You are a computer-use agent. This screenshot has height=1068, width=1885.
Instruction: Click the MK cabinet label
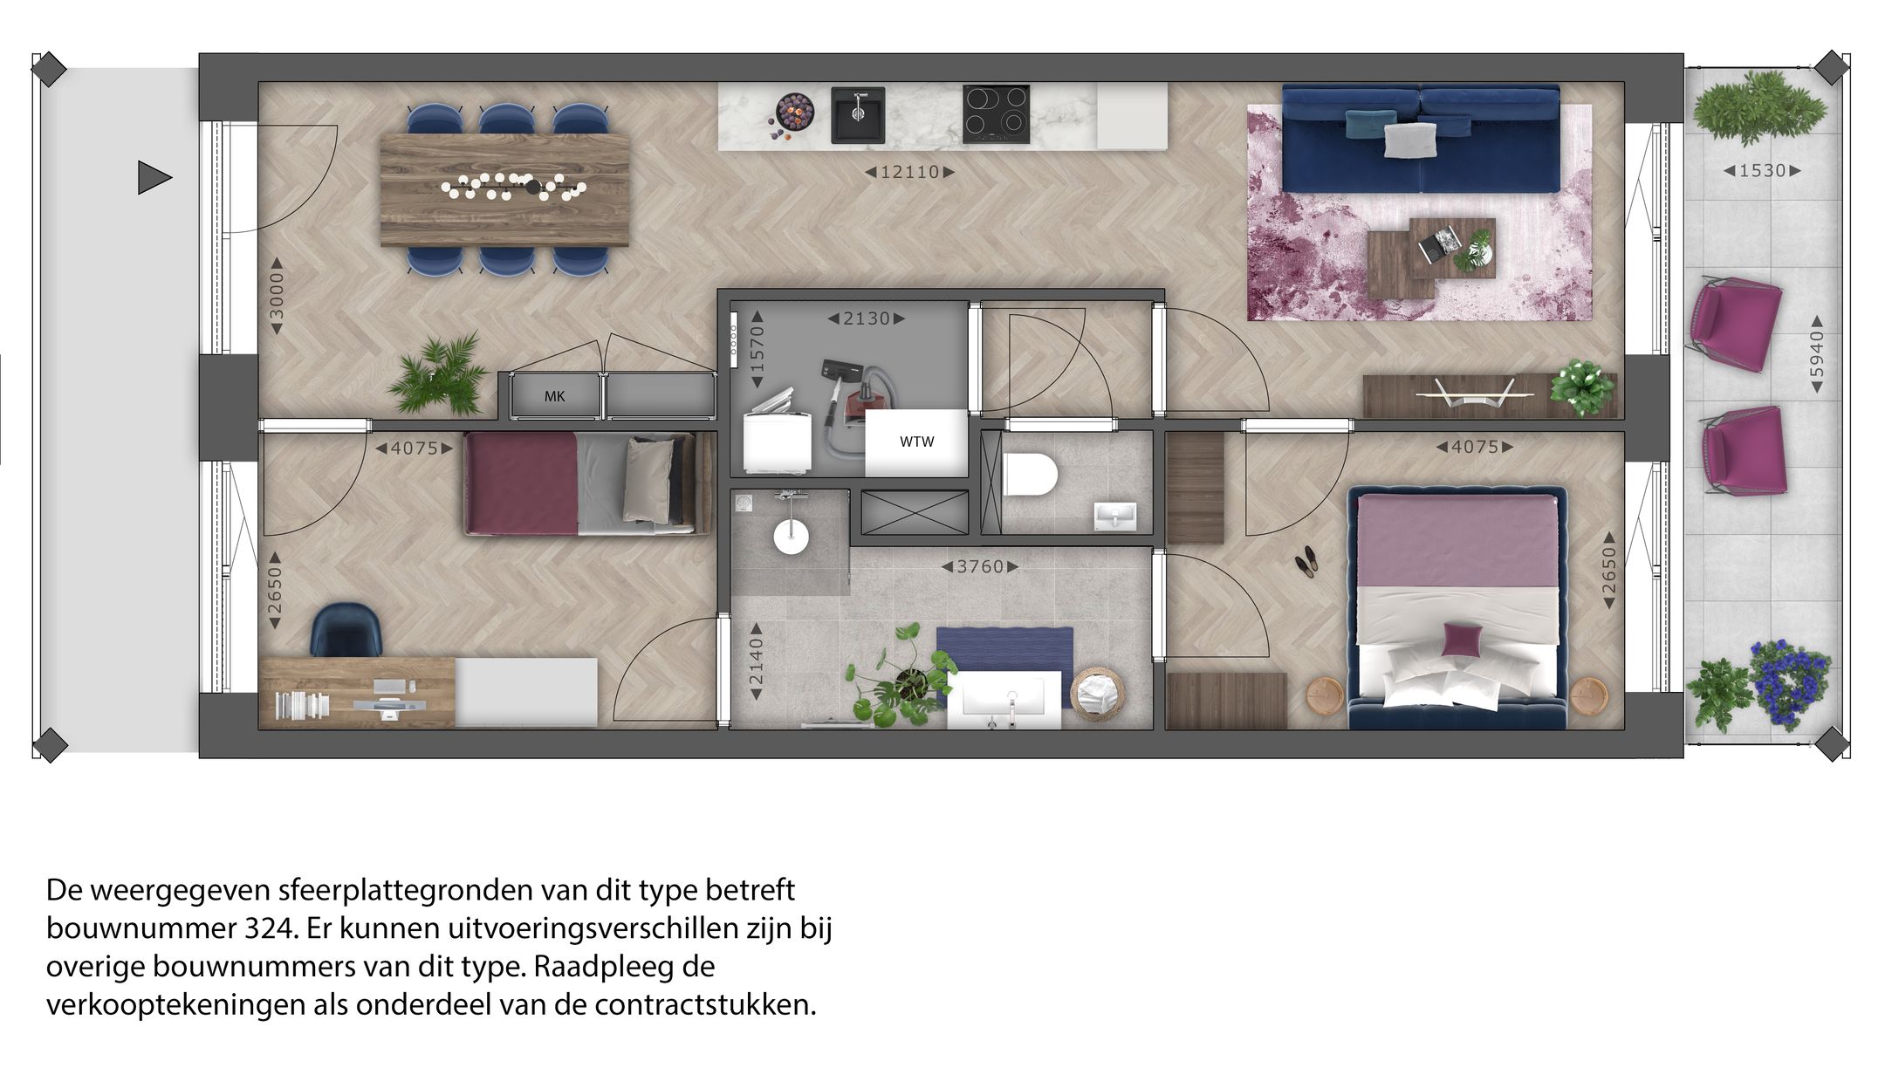point(555,397)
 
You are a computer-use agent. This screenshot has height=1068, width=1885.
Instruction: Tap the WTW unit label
point(916,442)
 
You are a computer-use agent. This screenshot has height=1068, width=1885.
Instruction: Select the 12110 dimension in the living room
point(909,173)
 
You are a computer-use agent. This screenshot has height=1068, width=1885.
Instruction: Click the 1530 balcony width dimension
point(1762,171)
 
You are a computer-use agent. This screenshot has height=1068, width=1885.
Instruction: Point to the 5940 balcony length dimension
point(1817,353)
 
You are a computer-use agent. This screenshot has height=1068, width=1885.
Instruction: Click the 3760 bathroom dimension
point(980,567)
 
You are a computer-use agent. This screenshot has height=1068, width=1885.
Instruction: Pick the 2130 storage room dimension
point(866,319)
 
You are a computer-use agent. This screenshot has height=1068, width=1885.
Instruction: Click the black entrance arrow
point(154,178)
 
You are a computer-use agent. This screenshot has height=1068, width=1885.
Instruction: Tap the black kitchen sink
point(858,114)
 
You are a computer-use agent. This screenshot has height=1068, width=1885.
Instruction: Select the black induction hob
point(996,114)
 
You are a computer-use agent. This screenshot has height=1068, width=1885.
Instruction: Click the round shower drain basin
point(791,536)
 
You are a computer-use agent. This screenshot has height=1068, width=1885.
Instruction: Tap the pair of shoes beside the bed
point(1305,560)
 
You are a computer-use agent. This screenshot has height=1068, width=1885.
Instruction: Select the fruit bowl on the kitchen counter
point(794,113)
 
